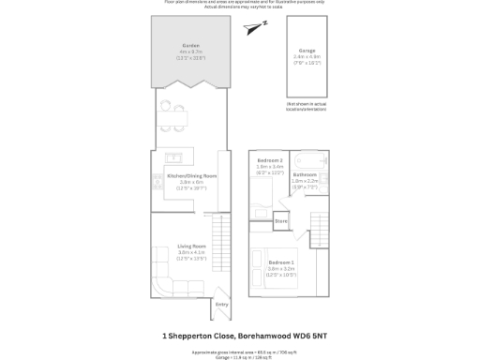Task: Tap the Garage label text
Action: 307,50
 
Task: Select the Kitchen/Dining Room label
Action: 191,176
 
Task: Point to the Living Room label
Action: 191,247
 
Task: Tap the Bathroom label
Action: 305,174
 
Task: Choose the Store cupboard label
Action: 280,221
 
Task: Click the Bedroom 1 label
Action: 281,262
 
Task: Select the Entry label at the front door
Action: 221,304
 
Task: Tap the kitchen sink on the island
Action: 173,157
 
